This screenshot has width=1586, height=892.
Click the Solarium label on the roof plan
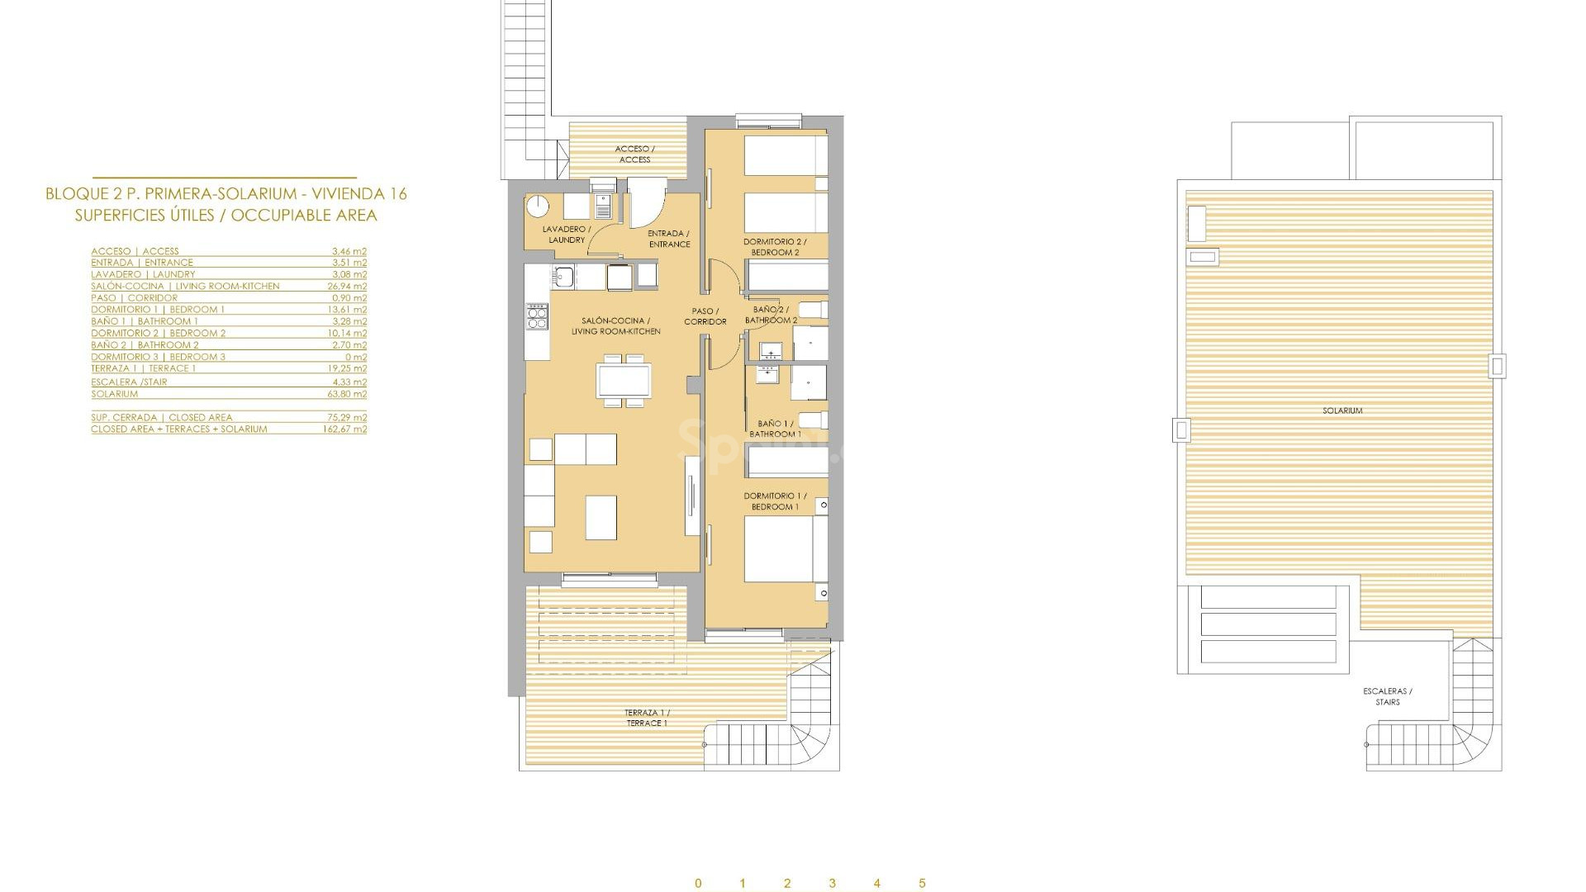1341,410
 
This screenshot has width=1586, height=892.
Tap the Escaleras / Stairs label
1387,696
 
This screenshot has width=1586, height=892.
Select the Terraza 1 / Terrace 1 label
647,718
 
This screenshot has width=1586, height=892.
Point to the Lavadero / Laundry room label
567,235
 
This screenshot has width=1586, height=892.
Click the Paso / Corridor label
705,316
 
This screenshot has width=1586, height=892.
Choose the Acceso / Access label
634,154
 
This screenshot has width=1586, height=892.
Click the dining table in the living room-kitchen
624,381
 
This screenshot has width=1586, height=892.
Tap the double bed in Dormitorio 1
786,548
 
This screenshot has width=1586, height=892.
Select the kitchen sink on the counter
564,276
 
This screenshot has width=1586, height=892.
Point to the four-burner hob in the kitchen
537,316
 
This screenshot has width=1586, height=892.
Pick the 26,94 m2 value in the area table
347,287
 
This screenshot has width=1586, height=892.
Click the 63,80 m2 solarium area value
347,394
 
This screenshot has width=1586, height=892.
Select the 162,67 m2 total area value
344,429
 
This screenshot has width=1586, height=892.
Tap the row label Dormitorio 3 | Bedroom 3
158,357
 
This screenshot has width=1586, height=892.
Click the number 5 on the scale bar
922,883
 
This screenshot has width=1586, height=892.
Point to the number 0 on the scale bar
698,883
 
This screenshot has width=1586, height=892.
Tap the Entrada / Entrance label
669,239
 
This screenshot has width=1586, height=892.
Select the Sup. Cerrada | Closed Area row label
161,418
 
